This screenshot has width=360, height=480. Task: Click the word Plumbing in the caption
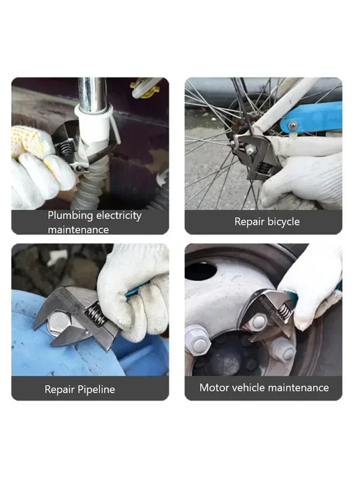(x=70, y=216)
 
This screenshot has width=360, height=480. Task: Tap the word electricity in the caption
(x=119, y=215)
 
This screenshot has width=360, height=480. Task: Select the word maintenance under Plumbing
(x=78, y=230)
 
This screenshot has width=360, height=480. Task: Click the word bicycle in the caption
(x=283, y=222)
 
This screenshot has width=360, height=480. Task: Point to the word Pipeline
(x=96, y=389)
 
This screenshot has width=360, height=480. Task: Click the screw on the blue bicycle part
(x=293, y=125)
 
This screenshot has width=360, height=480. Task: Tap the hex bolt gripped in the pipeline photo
(x=59, y=324)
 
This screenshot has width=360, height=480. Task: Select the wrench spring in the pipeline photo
(x=96, y=314)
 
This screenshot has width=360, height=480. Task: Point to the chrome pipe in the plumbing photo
(x=92, y=93)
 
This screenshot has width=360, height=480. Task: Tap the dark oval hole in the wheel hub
(x=201, y=271)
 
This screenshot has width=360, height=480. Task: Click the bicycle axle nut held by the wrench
(x=250, y=149)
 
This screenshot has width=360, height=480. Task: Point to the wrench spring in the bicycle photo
(x=264, y=167)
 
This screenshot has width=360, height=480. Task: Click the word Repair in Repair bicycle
(x=249, y=222)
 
